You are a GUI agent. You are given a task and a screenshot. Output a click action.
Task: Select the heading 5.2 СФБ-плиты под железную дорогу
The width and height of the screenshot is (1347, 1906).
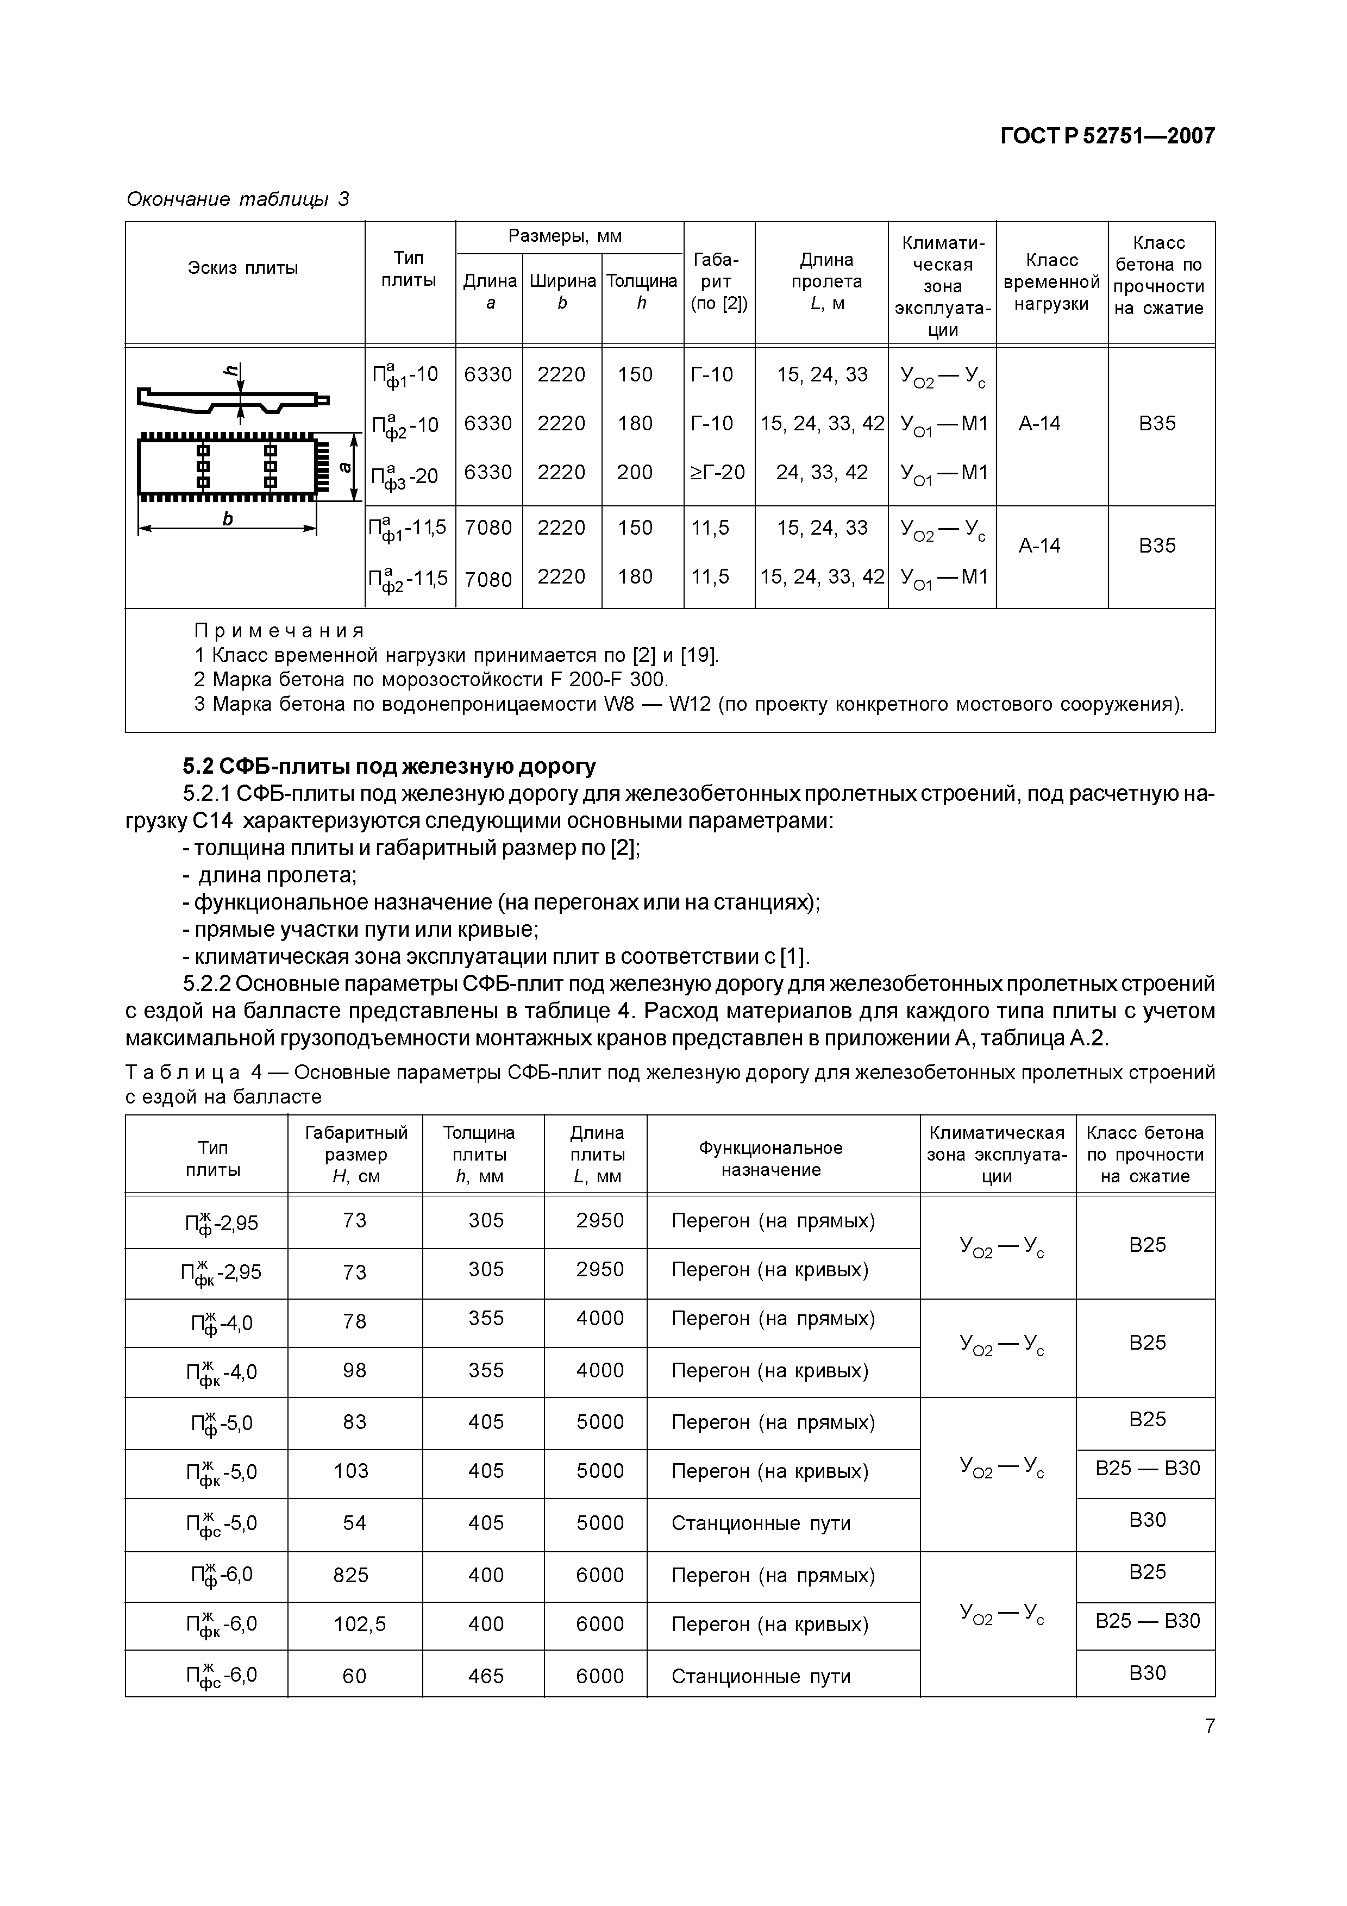[389, 766]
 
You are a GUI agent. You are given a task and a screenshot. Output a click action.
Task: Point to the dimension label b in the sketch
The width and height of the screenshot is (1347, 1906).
[228, 519]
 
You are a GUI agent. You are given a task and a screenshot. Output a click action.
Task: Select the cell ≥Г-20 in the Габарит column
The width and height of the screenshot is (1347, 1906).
[718, 472]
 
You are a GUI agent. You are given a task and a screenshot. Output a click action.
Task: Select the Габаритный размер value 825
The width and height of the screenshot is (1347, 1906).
[351, 1575]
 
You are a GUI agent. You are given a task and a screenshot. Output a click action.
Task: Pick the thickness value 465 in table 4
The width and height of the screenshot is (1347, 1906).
[486, 1676]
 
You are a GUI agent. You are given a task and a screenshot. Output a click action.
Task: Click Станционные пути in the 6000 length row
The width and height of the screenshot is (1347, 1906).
[760, 1676]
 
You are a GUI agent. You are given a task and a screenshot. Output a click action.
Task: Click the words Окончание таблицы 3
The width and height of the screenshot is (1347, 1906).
[237, 199]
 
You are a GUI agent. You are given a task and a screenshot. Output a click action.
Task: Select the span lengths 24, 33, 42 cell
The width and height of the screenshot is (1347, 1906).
[822, 472]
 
